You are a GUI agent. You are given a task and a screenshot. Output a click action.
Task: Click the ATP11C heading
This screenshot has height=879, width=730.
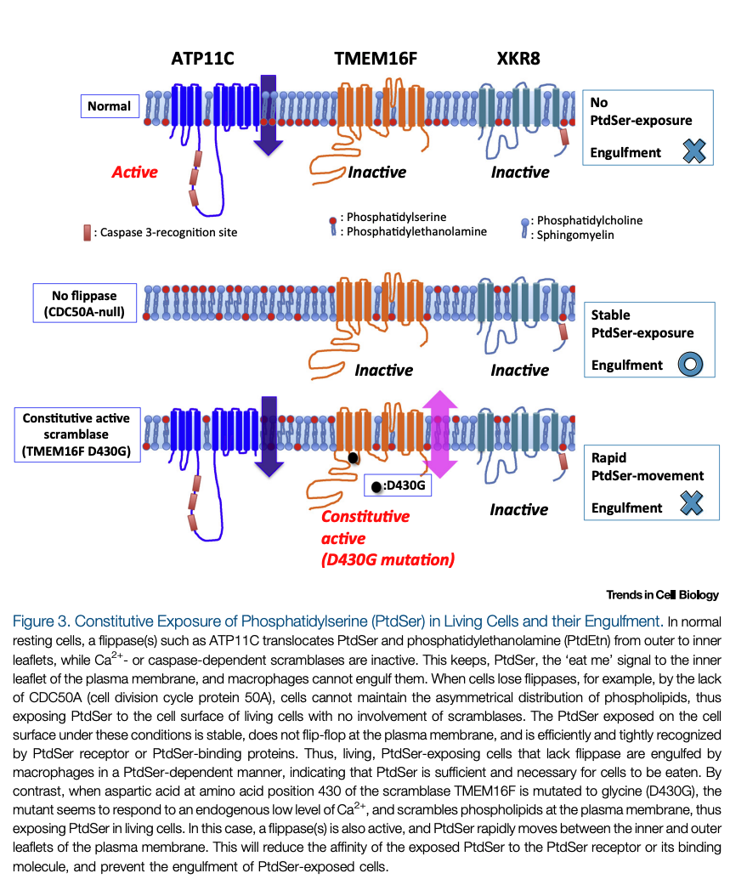202,59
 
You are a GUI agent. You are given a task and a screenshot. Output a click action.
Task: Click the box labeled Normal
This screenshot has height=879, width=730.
110,106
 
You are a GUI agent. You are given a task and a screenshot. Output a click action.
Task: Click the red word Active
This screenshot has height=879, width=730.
134,172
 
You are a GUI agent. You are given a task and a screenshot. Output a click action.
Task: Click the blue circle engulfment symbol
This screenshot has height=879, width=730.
689,366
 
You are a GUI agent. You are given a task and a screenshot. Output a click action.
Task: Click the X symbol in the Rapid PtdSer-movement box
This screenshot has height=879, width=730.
693,507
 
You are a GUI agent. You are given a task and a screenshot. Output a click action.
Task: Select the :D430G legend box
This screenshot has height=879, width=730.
397,486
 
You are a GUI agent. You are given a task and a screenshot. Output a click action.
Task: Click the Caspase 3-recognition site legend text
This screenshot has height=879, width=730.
166,232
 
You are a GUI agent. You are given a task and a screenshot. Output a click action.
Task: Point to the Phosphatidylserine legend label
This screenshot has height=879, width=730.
392,217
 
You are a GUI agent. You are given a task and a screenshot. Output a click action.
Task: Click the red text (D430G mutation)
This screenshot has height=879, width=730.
388,559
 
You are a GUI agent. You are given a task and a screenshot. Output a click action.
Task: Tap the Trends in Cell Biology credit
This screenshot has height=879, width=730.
662,595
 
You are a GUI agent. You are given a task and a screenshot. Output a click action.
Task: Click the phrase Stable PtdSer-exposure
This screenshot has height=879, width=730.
642,324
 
